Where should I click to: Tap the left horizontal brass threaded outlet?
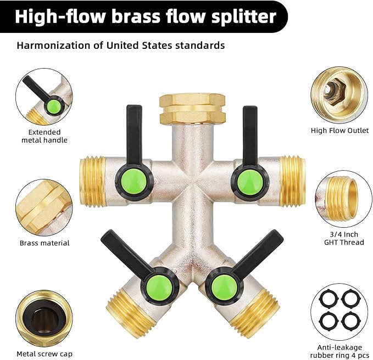[x=92, y=179]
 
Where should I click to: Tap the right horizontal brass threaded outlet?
[x=291, y=178]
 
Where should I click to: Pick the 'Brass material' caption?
[x=44, y=243]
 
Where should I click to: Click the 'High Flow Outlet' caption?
[x=340, y=131]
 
